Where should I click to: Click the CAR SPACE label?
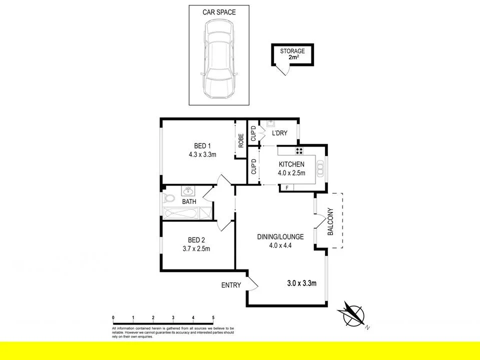[x=219, y=12]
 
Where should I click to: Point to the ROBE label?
[x=241, y=141]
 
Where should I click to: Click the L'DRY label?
[x=279, y=133]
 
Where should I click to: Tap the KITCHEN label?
[x=291, y=164]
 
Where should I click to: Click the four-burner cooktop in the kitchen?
[x=299, y=150]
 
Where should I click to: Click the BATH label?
[x=188, y=202]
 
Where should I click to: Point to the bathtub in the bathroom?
[x=181, y=213]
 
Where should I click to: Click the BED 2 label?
[x=196, y=239]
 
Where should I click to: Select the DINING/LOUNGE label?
[x=280, y=236]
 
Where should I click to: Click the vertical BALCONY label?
[x=330, y=222]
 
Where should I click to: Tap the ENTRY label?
[x=231, y=285]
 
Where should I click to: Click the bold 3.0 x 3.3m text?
[x=302, y=283]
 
